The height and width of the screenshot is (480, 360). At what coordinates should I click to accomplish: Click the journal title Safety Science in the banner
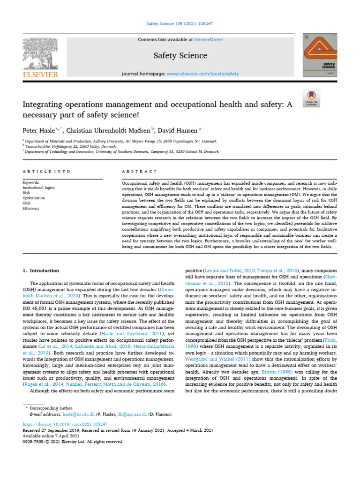click(180, 56)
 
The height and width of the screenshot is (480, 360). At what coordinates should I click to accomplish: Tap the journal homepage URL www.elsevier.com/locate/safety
click(202, 74)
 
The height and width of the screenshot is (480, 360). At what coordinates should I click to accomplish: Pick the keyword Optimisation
click(34, 198)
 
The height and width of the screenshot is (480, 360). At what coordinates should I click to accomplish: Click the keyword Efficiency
click(32, 208)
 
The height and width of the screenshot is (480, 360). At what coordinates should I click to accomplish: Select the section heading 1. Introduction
click(41, 270)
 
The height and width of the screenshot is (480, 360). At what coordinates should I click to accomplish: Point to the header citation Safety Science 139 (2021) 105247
click(180, 23)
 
